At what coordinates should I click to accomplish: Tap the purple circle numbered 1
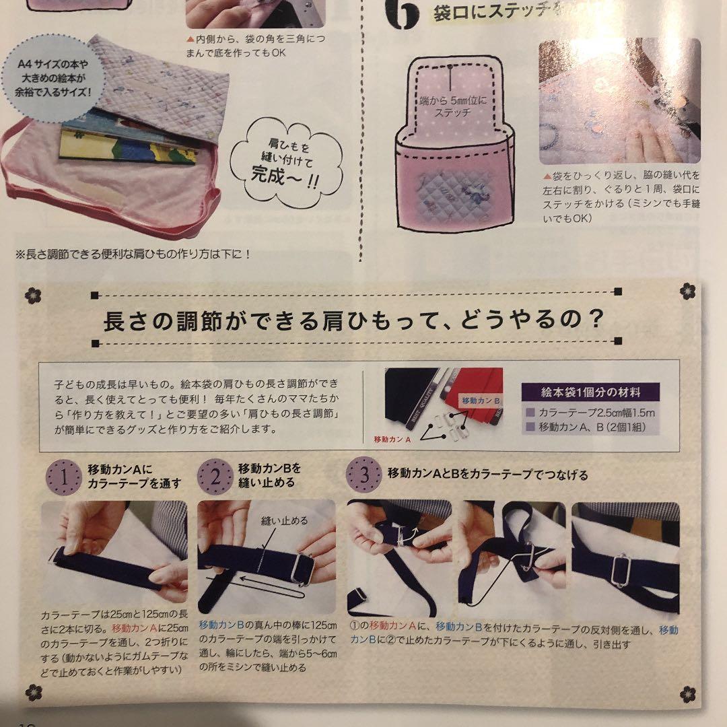point(64,478)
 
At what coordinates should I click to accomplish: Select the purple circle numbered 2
point(215,478)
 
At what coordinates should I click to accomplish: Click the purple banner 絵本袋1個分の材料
point(590,392)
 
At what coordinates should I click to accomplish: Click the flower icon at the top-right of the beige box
point(687,291)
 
